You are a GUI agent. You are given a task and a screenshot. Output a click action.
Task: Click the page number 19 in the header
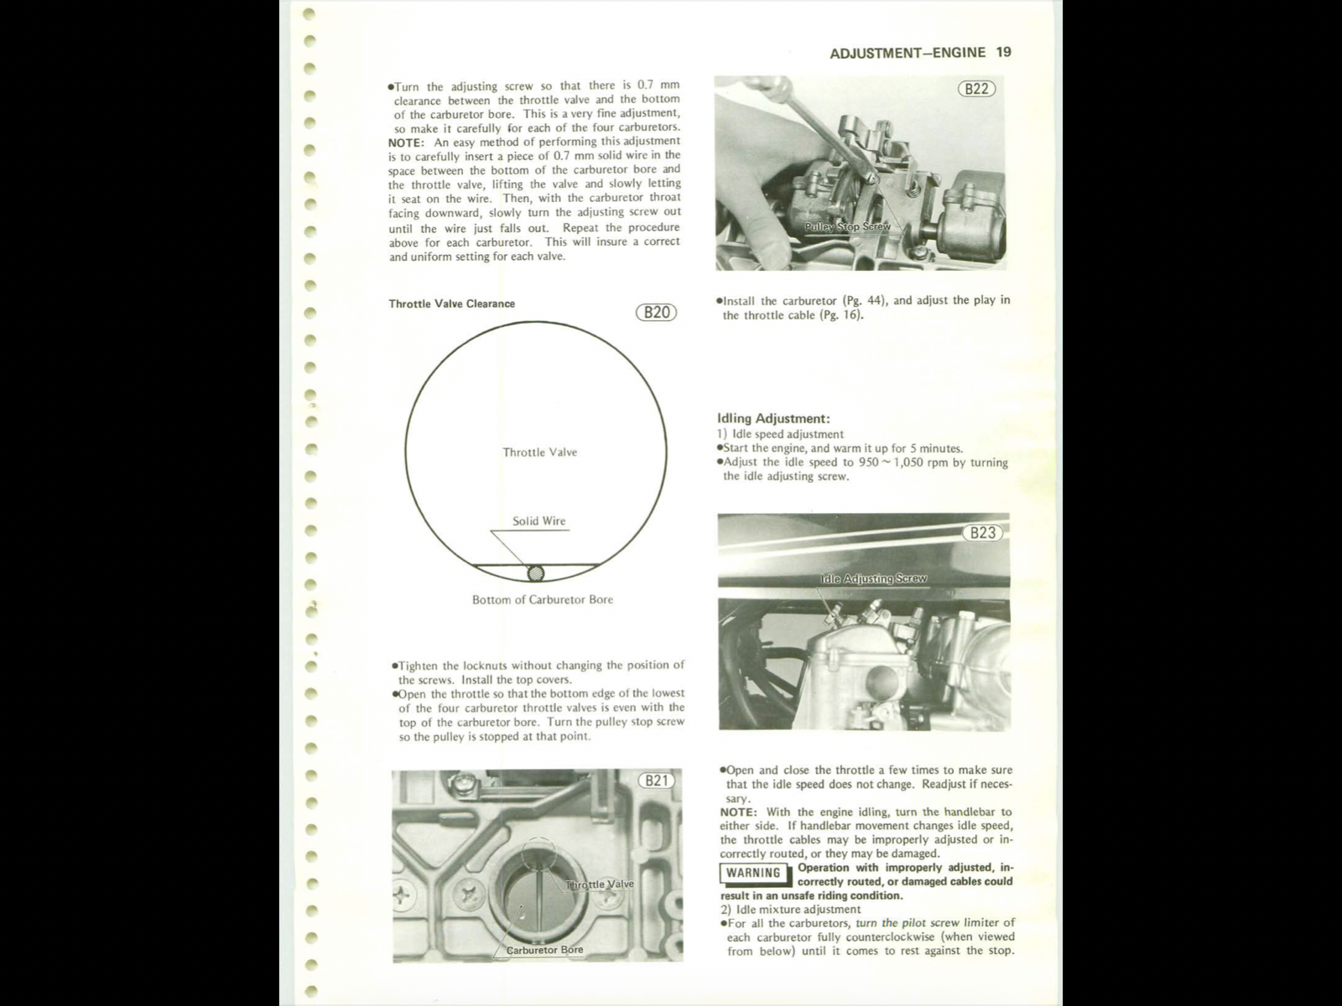pos(1004,52)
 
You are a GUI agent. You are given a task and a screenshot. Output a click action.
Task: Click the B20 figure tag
pos(656,313)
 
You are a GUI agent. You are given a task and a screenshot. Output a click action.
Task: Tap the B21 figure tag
pos(656,780)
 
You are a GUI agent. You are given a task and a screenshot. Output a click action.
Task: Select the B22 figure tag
pos(976,88)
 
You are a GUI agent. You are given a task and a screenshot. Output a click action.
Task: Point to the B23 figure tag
pos(982,532)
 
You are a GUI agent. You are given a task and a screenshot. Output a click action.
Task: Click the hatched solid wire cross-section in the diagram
pos(535,573)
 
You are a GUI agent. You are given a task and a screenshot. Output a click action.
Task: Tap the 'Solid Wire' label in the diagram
pos(538,521)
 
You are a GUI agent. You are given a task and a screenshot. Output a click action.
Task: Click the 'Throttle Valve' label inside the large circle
pos(539,452)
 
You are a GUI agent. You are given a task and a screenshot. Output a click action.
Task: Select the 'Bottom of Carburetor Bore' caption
pos(542,599)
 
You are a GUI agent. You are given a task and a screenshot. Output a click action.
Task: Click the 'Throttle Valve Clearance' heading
pos(451,303)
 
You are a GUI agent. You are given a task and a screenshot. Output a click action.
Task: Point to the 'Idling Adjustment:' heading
pos(773,418)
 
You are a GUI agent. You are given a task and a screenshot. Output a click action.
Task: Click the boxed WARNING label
pos(753,873)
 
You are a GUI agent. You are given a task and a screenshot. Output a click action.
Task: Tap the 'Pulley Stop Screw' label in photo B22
pos(847,227)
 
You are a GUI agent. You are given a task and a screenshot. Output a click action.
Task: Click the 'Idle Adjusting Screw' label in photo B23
pos(873,578)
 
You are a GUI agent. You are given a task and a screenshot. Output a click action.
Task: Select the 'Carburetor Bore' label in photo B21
pos(544,950)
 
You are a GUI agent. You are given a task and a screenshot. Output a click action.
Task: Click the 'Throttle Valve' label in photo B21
pos(600,884)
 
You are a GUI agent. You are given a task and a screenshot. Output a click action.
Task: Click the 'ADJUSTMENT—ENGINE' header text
pos(908,53)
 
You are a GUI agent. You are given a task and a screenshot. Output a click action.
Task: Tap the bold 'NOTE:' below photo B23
pos(738,812)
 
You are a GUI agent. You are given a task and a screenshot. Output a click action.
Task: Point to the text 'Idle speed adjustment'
pos(788,434)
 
